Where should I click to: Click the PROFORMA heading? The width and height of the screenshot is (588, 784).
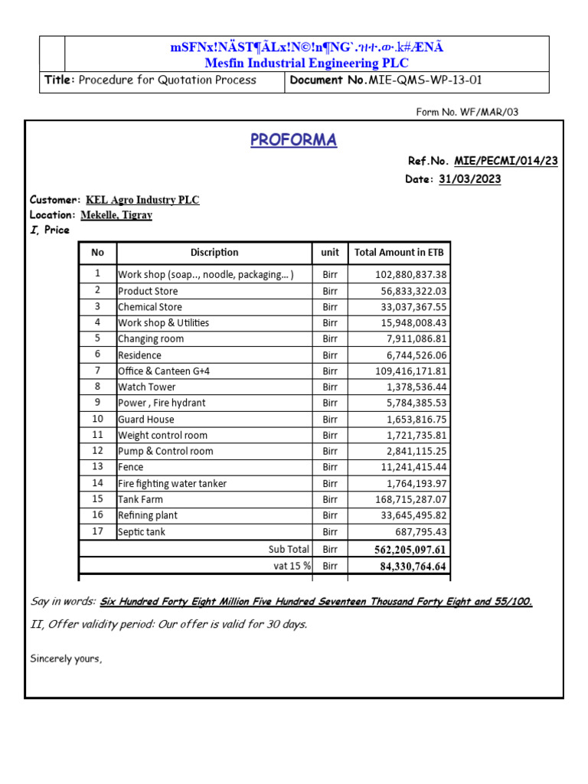pyautogui.click(x=293, y=140)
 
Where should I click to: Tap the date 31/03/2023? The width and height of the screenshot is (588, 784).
pyautogui.click(x=469, y=179)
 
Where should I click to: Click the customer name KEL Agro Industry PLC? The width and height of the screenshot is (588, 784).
pyautogui.click(x=142, y=200)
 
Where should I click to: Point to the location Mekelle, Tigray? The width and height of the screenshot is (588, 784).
pyautogui.click(x=116, y=215)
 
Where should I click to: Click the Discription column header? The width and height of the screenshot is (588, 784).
pyautogui.click(x=214, y=253)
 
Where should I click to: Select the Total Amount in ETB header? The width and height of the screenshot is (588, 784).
pyautogui.click(x=399, y=253)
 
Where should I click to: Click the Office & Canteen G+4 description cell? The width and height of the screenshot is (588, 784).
pyautogui.click(x=164, y=371)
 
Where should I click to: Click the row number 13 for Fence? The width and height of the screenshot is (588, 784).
pyautogui.click(x=97, y=467)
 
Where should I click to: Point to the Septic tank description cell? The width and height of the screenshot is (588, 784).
pyautogui.click(x=142, y=531)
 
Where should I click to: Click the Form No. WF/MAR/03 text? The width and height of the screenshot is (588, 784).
pyautogui.click(x=467, y=112)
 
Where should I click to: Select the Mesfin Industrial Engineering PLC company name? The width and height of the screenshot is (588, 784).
pyautogui.click(x=305, y=63)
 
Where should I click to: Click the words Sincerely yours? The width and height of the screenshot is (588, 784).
pyautogui.click(x=66, y=658)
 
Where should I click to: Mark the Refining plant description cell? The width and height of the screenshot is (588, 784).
pyautogui.click(x=147, y=515)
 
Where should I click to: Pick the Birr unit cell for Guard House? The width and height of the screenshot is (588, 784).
pyautogui.click(x=330, y=419)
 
